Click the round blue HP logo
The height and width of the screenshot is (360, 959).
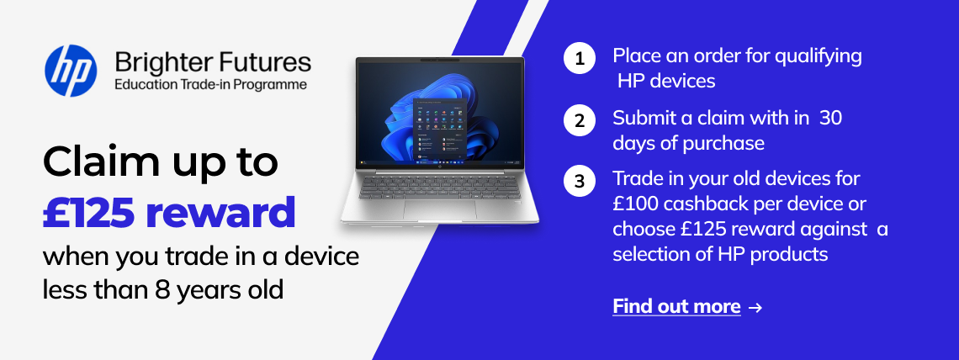coord(71,71)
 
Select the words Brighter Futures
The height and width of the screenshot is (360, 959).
coord(213,62)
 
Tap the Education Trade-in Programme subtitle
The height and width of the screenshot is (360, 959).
coord(210,85)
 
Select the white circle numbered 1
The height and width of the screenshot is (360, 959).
coord(580,59)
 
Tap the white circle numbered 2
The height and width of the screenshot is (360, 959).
coord(580,120)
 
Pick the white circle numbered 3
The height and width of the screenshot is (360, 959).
coord(580,182)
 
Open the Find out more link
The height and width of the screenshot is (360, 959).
coord(676,306)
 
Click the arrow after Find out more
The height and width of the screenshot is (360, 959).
coord(755,307)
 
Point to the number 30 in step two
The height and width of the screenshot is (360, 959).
coord(830,118)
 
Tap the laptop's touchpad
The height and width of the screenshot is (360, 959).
coord(440,209)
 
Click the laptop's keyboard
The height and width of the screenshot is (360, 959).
coord(440,186)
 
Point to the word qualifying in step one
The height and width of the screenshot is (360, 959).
coord(819,57)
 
